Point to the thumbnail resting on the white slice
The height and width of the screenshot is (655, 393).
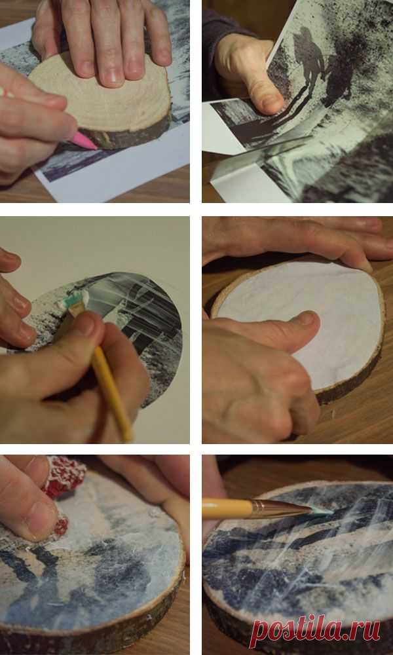click(308, 320)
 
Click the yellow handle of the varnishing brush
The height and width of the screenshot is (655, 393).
click(227, 508)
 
